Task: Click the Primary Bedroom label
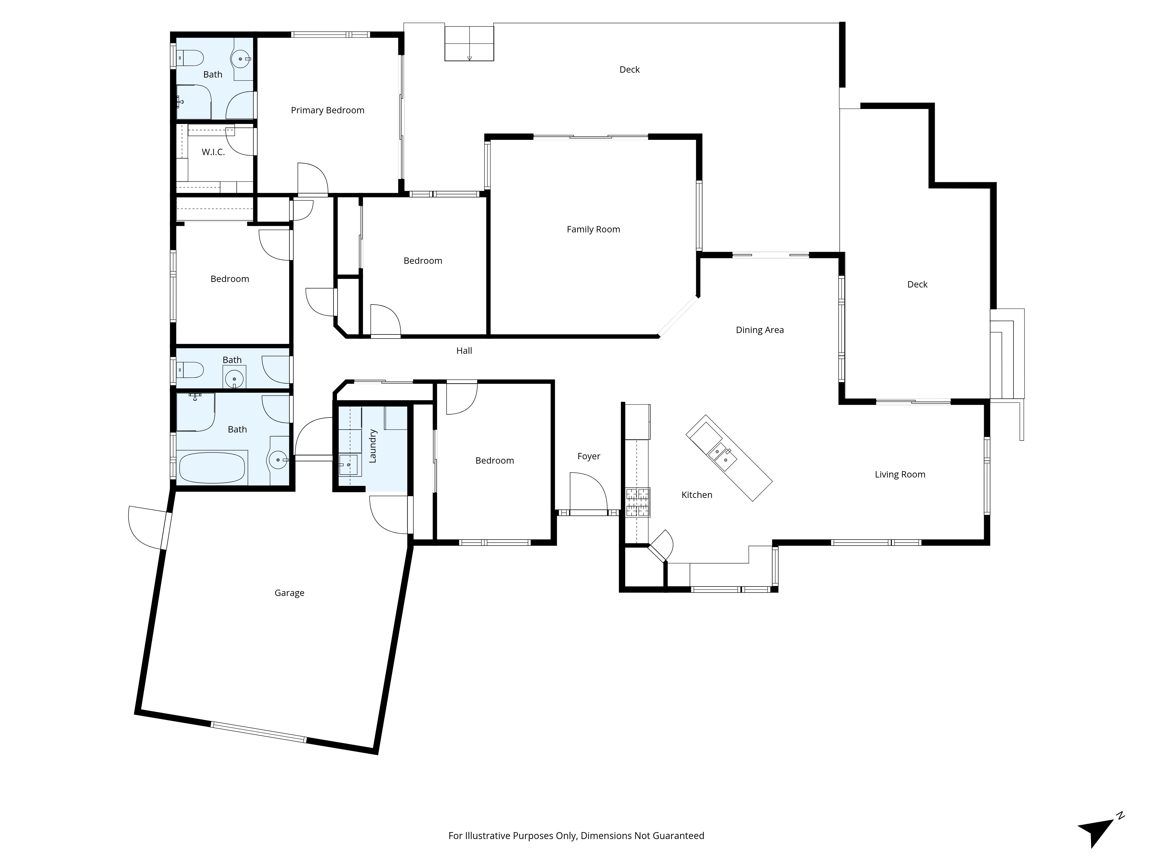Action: (x=327, y=110)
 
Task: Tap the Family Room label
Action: (x=593, y=230)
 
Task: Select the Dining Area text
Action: (x=760, y=330)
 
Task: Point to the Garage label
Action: (x=289, y=593)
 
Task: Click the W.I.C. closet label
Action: (x=213, y=152)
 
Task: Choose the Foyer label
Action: (x=589, y=456)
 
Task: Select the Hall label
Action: (x=464, y=351)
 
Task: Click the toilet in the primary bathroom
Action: (x=189, y=58)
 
